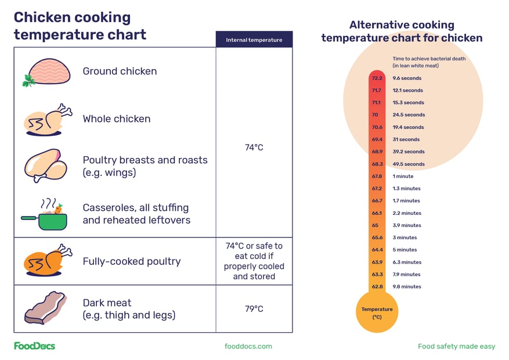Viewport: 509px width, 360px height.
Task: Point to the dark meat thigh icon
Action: coord(45,308)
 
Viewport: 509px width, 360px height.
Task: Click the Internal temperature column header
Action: coord(254,40)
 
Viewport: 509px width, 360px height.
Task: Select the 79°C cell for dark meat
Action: coord(254,309)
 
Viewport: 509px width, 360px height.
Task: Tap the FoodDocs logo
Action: coord(35,346)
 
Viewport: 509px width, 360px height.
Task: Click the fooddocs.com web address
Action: coord(248,346)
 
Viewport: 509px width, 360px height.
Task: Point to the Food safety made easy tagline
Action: coord(456,346)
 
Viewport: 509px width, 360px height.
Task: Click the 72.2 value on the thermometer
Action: coord(377,78)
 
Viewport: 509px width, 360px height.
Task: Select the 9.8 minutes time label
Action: coord(407,287)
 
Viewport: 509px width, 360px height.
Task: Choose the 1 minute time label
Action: coord(403,176)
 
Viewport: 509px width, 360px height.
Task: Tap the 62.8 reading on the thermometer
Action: coord(377,287)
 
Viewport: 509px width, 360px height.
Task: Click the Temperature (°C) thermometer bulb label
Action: coord(377,313)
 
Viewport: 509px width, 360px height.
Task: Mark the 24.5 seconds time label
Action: coord(409,115)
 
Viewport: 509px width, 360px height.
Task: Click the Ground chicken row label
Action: coord(120,71)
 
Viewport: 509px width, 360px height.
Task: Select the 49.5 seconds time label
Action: coord(409,164)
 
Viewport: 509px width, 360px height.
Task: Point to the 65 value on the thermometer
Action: coord(375,225)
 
